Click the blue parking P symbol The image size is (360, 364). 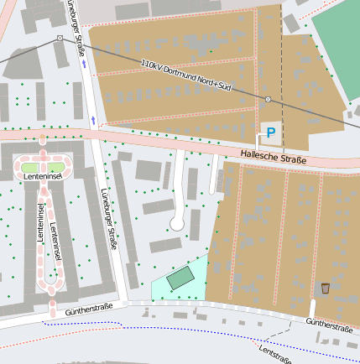[x=270, y=132]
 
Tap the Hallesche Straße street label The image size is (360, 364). [x=274, y=156]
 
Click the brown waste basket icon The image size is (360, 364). [x=325, y=288]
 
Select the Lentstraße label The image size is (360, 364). [x=275, y=355]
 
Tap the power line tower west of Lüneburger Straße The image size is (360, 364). [x=60, y=39]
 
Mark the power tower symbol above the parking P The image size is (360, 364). [x=268, y=100]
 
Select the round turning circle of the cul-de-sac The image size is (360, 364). [x=177, y=223]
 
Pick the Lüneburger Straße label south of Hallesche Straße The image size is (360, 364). [x=108, y=220]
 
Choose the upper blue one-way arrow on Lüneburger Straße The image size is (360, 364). [x=83, y=64]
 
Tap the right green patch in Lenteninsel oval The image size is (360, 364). [x=55, y=166]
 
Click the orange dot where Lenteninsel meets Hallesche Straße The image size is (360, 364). [x=42, y=137]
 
